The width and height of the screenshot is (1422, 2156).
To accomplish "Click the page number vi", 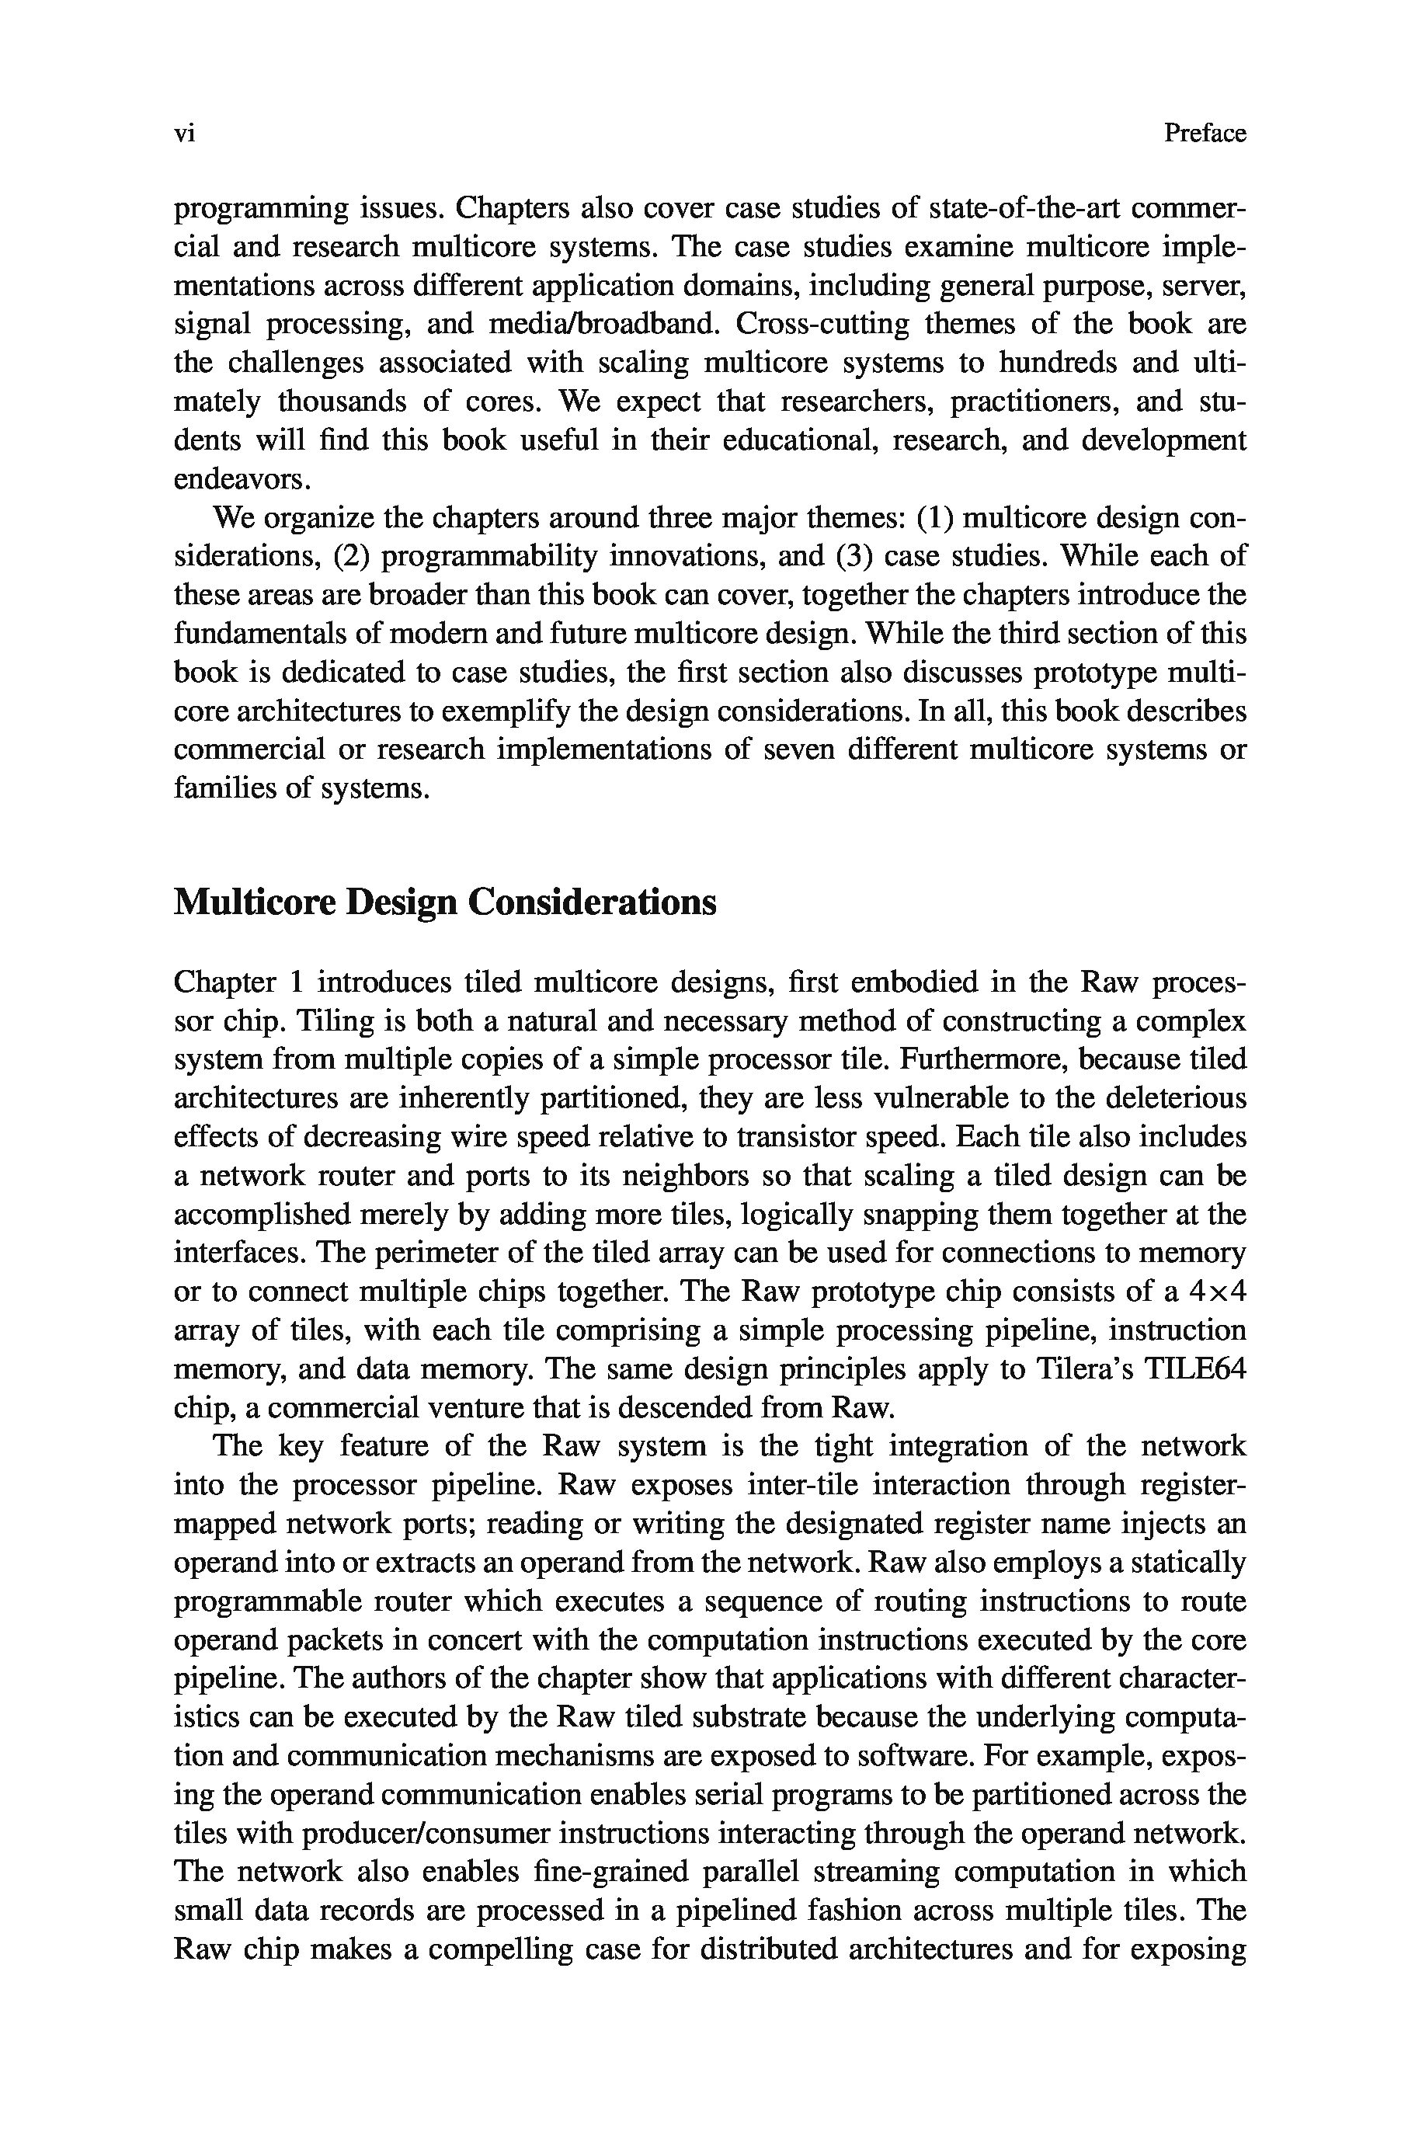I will coord(184,134).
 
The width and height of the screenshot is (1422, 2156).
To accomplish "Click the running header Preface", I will coord(1205,134).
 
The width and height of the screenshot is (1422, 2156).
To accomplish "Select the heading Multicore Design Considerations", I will coord(444,903).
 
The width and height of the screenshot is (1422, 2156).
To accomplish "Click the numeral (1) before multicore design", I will coord(935,519).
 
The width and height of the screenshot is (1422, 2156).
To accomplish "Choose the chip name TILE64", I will coord(1194,1369).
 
